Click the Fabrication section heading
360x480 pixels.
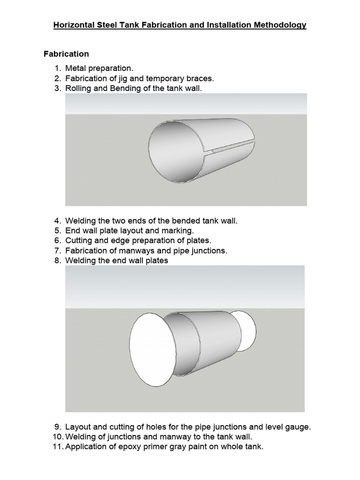(x=66, y=54)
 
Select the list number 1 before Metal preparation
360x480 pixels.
(x=58, y=69)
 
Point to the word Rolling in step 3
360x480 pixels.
(x=79, y=88)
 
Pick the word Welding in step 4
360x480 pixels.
(x=80, y=220)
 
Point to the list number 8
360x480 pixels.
(x=58, y=260)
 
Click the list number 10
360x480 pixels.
(x=56, y=437)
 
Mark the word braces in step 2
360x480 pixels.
(x=201, y=78)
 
